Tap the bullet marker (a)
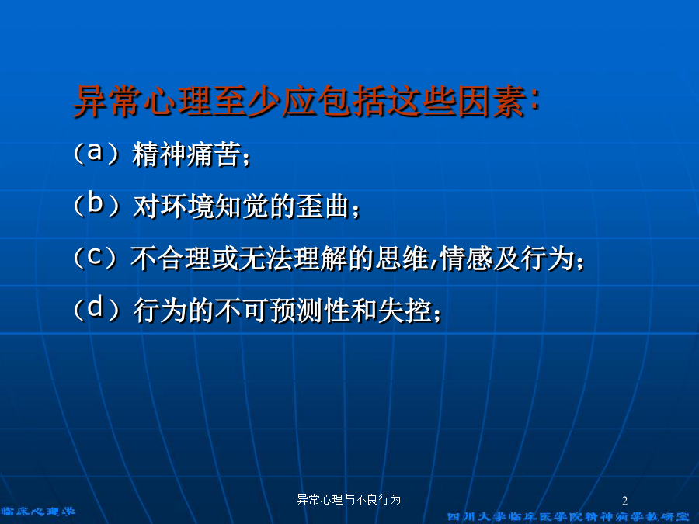pos(96,153)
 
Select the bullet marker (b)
pos(96,205)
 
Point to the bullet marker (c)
pos(96,257)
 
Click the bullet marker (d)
pos(96,308)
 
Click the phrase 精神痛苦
pos(186,154)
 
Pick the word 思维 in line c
pos(402,259)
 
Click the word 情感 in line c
pos(467,259)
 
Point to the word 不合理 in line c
pos(171,259)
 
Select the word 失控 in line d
pos(405,310)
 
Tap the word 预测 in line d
pos(297,310)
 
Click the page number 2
pos(624,501)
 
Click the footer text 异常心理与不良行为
pos(349,499)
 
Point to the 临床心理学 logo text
pos(38,512)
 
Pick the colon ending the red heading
pos(534,101)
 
